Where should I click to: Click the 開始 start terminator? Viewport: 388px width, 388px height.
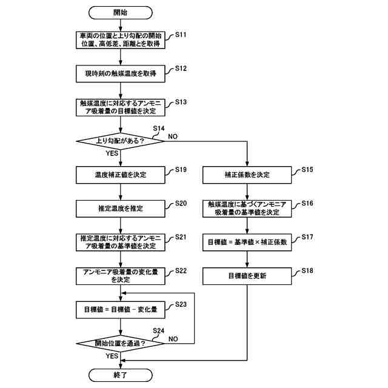tap(120, 13)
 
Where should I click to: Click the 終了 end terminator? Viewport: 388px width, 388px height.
tap(120, 375)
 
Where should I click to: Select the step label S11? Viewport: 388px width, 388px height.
tap(181, 35)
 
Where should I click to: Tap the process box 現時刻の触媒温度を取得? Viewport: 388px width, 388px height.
tap(120, 74)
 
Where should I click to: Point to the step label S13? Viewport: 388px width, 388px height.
tap(181, 102)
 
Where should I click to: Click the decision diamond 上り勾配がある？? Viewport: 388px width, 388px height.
tap(120, 141)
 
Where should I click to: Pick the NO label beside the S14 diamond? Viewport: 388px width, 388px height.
tap(173, 136)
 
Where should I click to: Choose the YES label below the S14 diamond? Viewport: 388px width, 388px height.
tap(112, 153)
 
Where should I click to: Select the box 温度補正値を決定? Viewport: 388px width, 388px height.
tap(120, 175)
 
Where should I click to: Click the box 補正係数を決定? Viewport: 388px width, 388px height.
tap(247, 175)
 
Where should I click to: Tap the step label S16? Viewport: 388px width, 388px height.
tap(307, 203)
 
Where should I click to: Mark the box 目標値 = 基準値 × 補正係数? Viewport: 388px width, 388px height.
tap(247, 242)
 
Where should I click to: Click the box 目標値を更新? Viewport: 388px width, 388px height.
tap(247, 276)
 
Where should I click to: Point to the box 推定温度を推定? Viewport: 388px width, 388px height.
tap(120, 209)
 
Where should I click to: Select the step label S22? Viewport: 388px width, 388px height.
tap(181, 271)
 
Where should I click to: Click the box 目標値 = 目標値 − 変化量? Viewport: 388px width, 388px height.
tap(120, 310)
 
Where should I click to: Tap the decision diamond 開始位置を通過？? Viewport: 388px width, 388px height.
tap(120, 344)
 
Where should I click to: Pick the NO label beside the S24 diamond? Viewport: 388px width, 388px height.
tap(173, 339)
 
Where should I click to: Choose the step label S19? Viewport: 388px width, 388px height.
tap(181, 170)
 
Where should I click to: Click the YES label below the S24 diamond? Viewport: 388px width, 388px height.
tap(112, 356)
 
